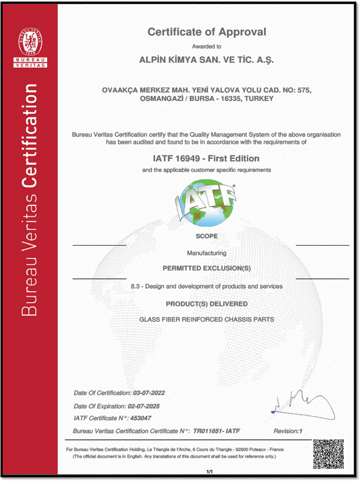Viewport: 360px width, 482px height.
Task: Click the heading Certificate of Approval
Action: point(206,32)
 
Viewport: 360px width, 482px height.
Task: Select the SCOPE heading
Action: point(206,236)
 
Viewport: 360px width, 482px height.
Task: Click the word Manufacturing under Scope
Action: point(206,253)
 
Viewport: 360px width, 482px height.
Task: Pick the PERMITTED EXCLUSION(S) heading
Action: point(206,268)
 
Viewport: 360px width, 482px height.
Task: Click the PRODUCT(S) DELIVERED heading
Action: point(206,303)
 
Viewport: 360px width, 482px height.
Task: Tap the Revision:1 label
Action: point(288,431)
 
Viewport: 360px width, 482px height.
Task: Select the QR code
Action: point(328,454)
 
